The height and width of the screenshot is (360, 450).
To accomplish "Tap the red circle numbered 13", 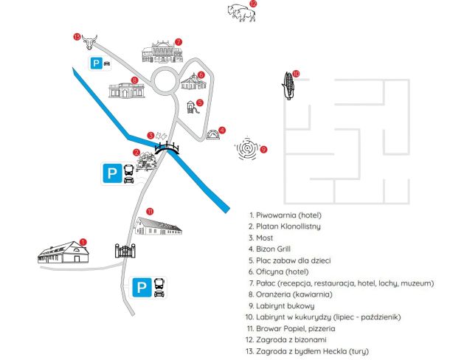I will [77, 36].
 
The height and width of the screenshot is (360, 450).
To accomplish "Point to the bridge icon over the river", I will [167, 147].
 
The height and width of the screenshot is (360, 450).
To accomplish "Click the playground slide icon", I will [193, 108].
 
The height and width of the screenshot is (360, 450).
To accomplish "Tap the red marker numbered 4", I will [223, 130].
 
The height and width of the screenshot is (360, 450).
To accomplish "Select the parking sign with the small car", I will [101, 63].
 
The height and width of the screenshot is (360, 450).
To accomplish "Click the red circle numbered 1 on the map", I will [83, 240].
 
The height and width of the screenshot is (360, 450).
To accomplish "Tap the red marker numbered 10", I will [295, 73].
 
